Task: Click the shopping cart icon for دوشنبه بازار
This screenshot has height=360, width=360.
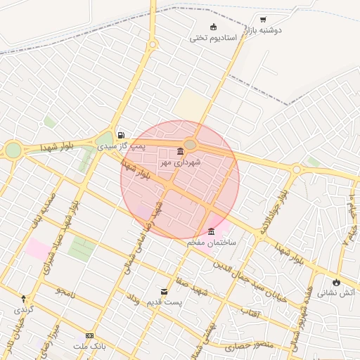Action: (x=263, y=20)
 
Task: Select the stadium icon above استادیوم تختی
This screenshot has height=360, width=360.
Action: (x=214, y=27)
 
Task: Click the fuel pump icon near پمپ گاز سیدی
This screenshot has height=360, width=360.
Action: (x=122, y=135)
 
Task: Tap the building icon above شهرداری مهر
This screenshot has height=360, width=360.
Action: (x=181, y=152)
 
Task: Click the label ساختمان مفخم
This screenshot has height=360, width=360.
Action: (x=212, y=242)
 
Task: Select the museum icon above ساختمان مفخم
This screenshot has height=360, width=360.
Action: (x=212, y=231)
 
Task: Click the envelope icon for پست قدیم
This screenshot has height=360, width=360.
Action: (x=164, y=291)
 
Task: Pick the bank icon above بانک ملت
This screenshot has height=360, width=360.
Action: (x=89, y=336)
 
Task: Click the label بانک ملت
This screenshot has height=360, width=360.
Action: (x=89, y=347)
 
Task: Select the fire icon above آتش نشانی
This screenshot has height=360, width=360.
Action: (x=336, y=283)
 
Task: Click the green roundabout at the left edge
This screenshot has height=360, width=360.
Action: (x=13, y=150)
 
